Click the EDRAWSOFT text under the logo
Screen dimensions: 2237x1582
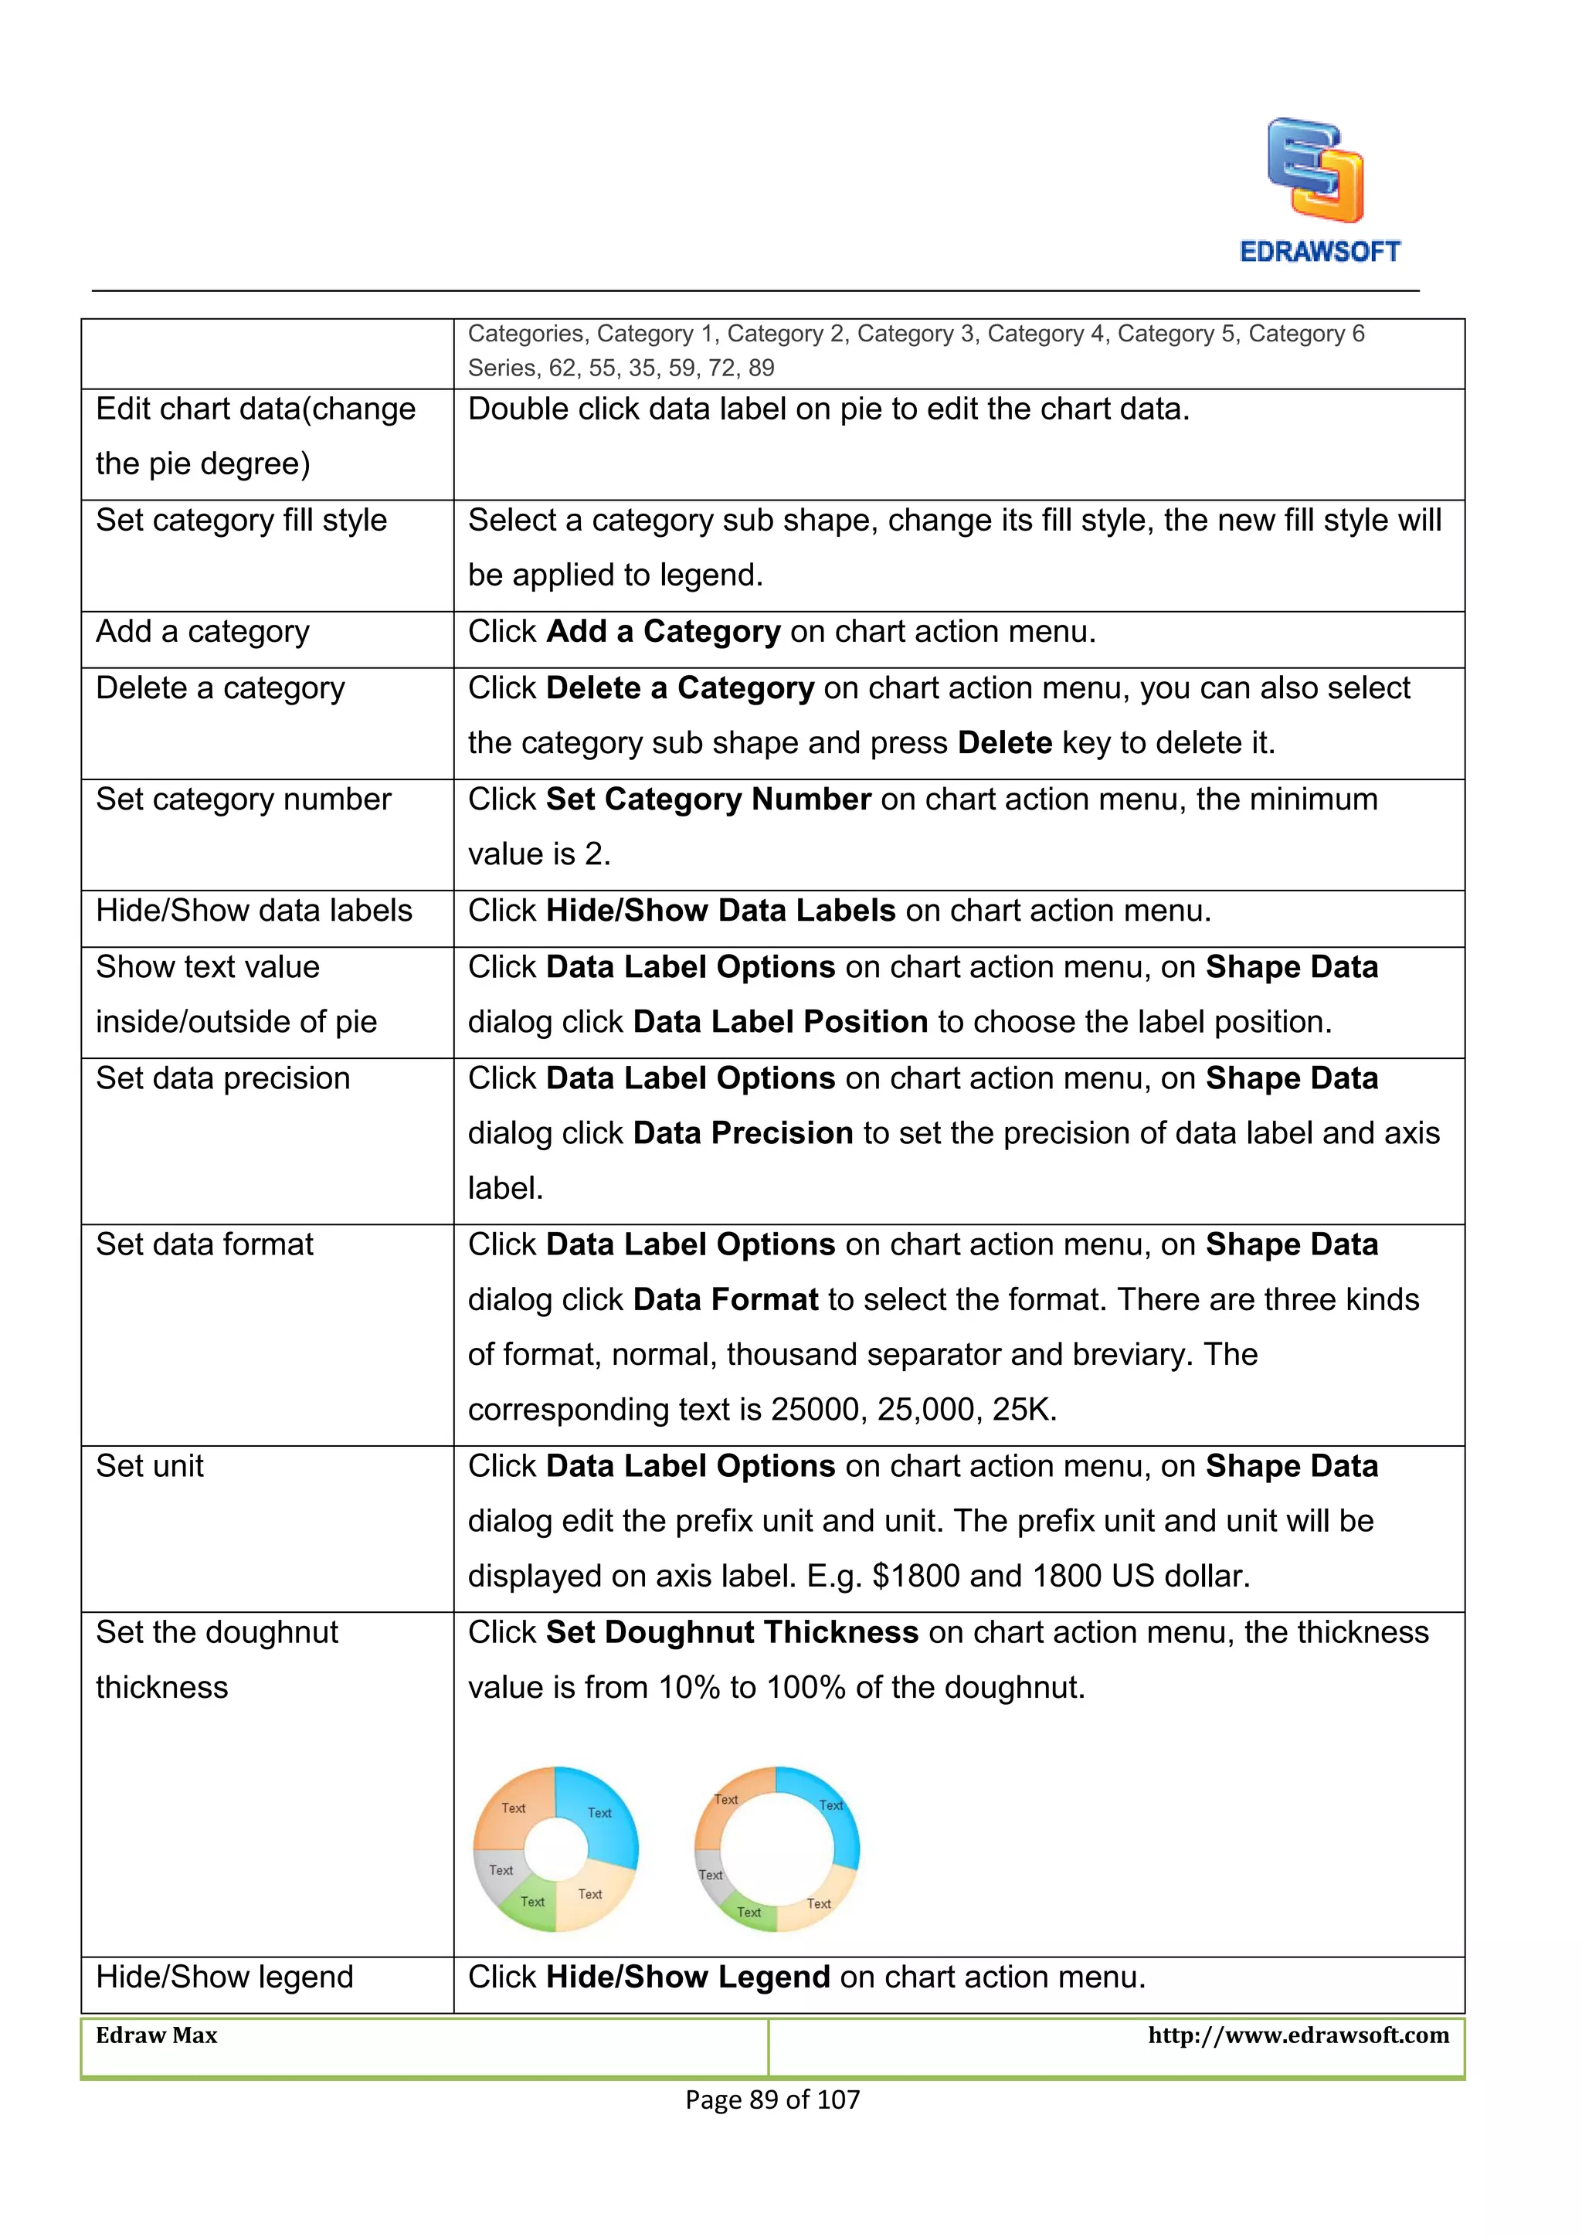tap(1319, 253)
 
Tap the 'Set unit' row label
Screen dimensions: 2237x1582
tap(150, 1466)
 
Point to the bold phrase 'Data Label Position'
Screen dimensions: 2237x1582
tap(779, 1022)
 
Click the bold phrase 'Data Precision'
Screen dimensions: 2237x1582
tap(742, 1133)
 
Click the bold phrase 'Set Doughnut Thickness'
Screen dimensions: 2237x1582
tap(732, 1633)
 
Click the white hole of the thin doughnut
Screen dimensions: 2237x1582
tap(777, 1849)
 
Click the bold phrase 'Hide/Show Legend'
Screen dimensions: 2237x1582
tap(687, 1977)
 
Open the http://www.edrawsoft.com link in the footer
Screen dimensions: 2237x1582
tap(1298, 2035)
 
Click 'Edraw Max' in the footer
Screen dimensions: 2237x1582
tap(157, 2035)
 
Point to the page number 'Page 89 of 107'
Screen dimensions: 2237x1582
tap(772, 2100)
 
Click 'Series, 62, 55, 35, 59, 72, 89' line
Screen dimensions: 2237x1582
tap(620, 368)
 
